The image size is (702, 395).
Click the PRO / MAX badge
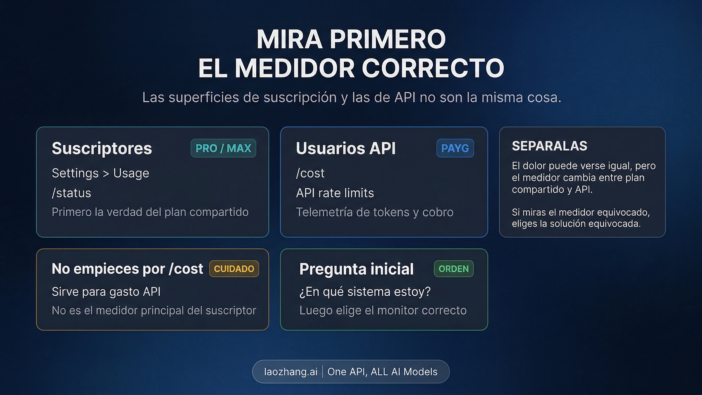[x=223, y=148]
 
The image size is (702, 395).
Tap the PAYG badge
[x=455, y=148]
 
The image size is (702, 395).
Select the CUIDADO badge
[x=234, y=269]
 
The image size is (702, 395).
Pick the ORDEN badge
[x=453, y=269]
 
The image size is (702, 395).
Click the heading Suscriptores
[x=102, y=148]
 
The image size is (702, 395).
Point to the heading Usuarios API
[x=346, y=148]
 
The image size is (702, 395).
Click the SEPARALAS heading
[x=549, y=146]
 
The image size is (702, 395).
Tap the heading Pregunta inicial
[x=356, y=269]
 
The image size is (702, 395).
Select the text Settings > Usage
[x=100, y=173]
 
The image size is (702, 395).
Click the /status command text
[x=71, y=193]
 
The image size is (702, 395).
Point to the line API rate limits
[x=335, y=193]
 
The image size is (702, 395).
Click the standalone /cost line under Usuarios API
[x=310, y=173]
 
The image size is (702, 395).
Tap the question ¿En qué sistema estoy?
[x=365, y=292]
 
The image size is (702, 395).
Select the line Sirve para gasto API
[x=106, y=292]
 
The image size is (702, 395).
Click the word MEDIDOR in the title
[x=295, y=68]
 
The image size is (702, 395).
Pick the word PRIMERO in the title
[x=388, y=39]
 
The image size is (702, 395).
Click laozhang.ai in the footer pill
[x=290, y=372]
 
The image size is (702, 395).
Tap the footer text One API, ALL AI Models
[x=382, y=372]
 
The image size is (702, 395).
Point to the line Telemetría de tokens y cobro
[x=375, y=212]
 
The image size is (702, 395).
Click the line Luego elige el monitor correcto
[x=383, y=310]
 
